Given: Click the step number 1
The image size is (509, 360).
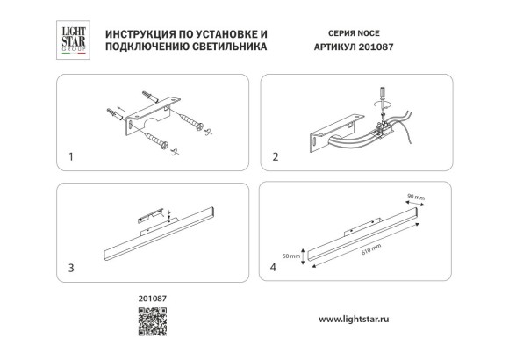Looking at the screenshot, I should (71, 158).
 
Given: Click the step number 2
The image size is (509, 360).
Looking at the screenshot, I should (276, 158).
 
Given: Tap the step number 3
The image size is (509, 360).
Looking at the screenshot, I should (71, 266).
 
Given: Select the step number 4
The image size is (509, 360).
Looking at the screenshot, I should (276, 266).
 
